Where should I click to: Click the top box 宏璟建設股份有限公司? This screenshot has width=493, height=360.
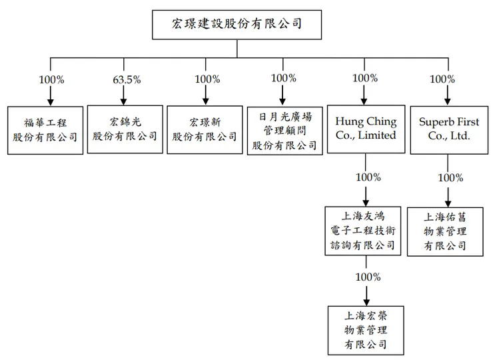coord(237,25)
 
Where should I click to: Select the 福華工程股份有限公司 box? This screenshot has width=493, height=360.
coord(45,129)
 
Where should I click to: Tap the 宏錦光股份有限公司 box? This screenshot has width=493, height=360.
coord(125,129)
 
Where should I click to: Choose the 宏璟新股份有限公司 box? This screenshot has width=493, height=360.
coord(205,129)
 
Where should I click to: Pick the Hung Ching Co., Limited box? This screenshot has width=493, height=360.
coord(365,129)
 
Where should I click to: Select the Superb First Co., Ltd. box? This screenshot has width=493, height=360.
coord(445,129)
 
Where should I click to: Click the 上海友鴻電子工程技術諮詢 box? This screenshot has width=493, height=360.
coord(365,230)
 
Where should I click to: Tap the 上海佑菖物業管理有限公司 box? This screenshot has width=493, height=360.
coord(445,231)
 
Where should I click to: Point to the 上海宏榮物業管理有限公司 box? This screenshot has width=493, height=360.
coord(365,329)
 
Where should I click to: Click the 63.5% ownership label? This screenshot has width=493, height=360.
coord(127,79)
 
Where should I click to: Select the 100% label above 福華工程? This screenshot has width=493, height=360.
coord(51,79)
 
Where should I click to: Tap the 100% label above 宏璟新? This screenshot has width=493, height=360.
coord(207,79)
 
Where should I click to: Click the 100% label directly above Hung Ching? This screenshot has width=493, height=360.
coord(364,78)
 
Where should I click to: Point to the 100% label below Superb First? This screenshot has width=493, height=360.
coord(450,178)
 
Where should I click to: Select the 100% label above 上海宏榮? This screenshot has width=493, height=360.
coord(368,277)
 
